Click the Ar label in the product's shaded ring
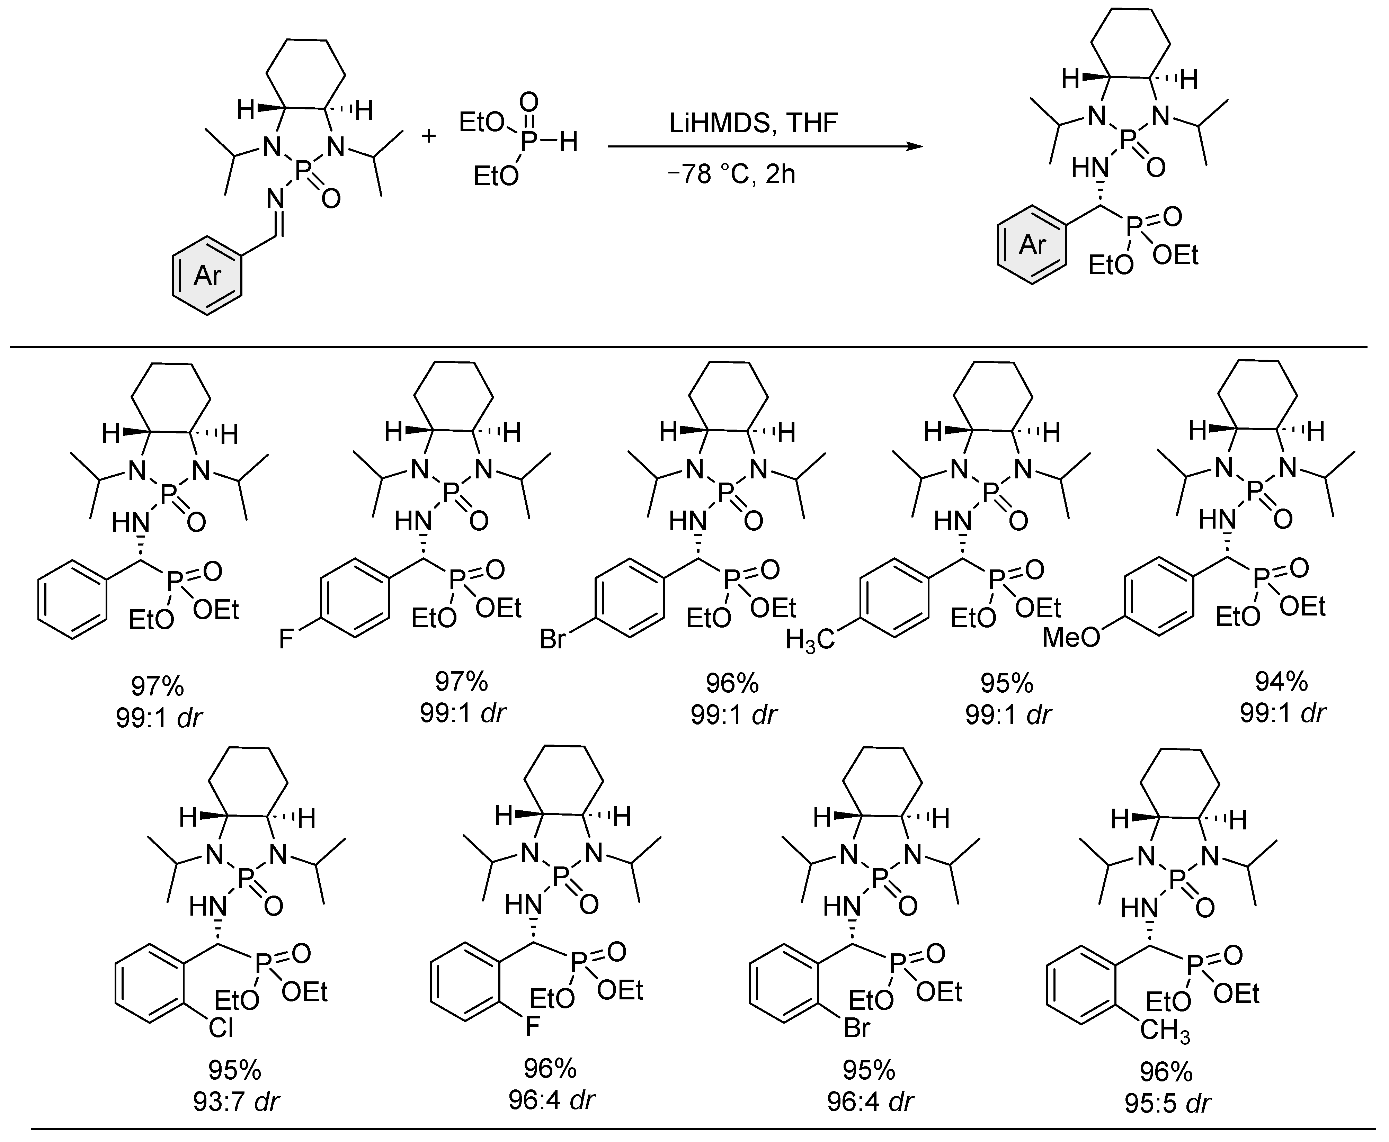1032,245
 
